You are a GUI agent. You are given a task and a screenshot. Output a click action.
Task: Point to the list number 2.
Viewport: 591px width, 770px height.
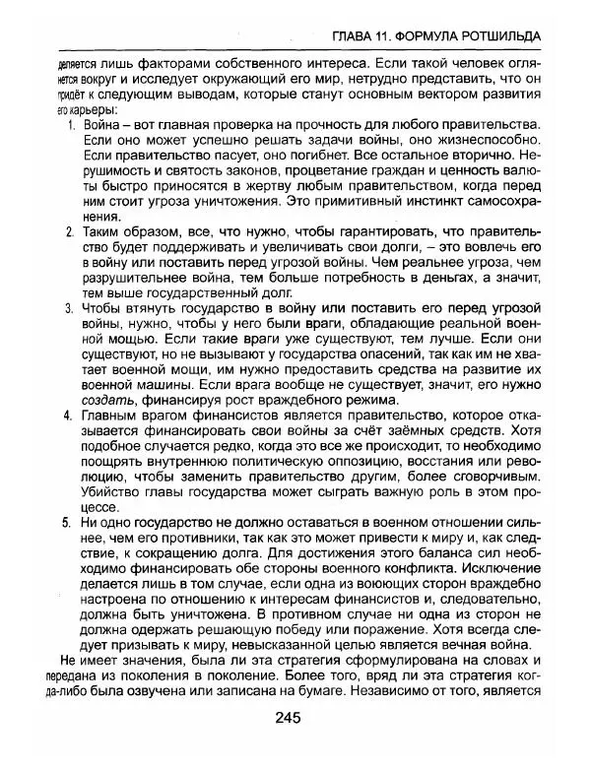click(x=71, y=232)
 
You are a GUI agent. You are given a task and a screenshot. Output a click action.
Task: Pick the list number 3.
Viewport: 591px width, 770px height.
click(x=71, y=309)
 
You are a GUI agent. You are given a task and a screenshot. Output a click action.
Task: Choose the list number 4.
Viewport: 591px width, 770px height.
click(x=71, y=416)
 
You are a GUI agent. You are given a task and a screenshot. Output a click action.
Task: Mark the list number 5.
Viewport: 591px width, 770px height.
click(x=71, y=522)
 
